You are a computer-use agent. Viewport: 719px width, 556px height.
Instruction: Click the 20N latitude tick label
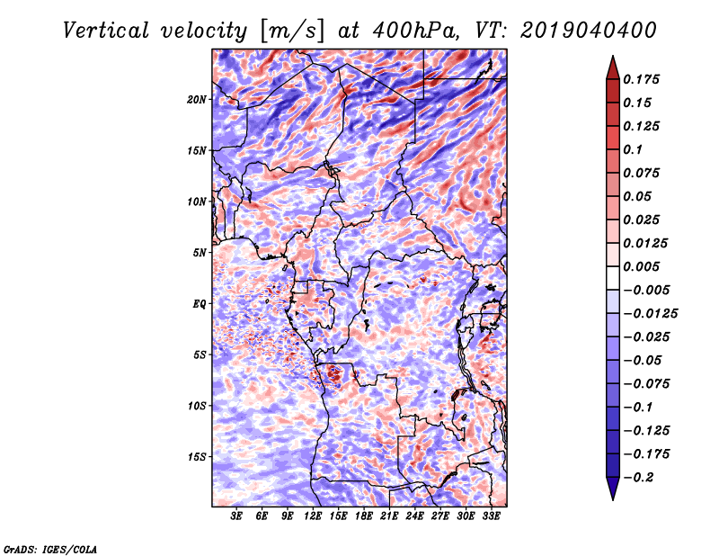pos(197,99)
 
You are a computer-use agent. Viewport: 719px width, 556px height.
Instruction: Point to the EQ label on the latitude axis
pos(200,304)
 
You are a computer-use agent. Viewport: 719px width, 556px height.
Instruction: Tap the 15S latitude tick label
pos(197,457)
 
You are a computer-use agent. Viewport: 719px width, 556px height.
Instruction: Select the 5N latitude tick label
pos(200,253)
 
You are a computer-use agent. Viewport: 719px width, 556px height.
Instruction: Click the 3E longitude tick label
pos(237,516)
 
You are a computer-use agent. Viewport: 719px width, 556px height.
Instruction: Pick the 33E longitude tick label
pos(492,516)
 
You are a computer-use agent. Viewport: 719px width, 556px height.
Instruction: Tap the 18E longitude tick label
pos(364,516)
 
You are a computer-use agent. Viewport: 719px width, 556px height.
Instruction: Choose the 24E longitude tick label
pos(415,516)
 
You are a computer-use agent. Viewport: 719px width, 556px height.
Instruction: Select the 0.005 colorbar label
pos(645,266)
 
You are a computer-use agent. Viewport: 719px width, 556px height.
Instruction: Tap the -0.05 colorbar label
pos(645,360)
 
